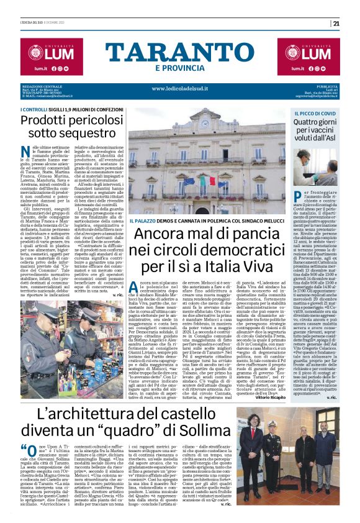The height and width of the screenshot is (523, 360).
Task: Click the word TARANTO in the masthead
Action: point(179,54)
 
